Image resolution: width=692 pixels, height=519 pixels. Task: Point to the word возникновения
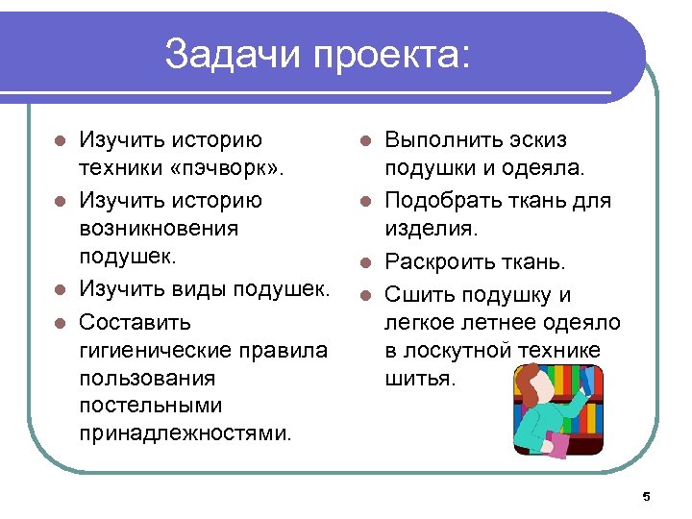pos(159,230)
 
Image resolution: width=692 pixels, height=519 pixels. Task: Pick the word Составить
pos(135,321)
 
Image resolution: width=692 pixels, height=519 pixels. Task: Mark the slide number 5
pos(646,496)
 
